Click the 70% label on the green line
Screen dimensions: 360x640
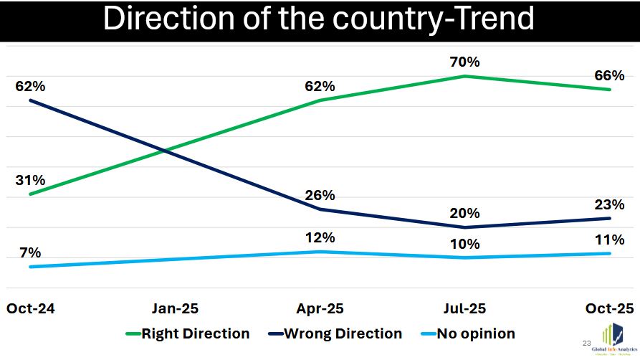coord(465,62)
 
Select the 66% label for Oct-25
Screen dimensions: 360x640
coord(610,76)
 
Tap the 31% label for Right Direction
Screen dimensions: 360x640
coord(30,181)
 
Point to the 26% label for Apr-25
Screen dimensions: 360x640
coord(320,196)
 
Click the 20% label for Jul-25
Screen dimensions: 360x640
coord(465,214)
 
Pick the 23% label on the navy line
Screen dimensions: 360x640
coord(610,204)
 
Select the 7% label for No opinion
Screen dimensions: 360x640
coord(30,252)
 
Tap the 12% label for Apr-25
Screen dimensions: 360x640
coord(320,238)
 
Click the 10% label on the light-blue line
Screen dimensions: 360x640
coord(465,244)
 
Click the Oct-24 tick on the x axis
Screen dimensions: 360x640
coord(31,309)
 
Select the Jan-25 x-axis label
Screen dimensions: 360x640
coord(175,309)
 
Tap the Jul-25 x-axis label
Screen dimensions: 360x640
coord(465,309)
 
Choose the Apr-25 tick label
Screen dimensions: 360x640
coord(320,309)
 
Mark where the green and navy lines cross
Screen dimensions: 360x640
coord(166,151)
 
